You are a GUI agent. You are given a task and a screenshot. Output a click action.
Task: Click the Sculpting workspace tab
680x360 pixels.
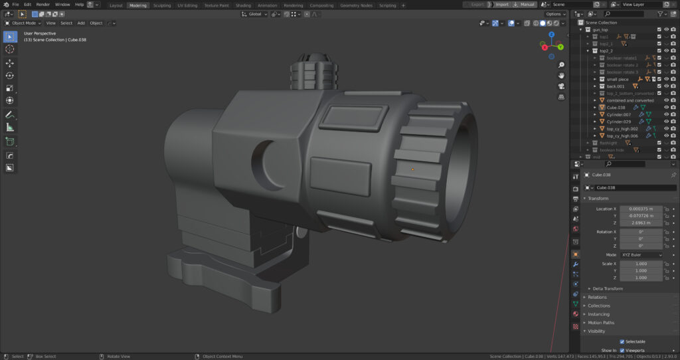(x=162, y=5)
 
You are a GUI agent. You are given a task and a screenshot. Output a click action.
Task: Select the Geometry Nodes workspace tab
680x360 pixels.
(x=357, y=5)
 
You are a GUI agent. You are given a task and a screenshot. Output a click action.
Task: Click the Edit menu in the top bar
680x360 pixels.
(x=27, y=5)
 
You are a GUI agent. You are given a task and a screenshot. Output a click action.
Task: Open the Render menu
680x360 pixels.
(x=42, y=5)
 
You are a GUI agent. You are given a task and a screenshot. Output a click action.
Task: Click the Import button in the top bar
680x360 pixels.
(x=502, y=5)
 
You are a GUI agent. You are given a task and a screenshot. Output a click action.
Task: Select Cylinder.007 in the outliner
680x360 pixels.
(x=618, y=114)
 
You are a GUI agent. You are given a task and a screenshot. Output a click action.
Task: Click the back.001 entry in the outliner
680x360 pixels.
(x=616, y=86)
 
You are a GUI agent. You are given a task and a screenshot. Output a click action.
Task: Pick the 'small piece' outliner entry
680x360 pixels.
(x=618, y=79)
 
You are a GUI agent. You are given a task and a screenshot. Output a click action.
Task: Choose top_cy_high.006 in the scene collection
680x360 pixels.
(x=622, y=135)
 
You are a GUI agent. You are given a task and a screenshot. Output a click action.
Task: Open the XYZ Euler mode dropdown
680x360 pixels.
(x=640, y=255)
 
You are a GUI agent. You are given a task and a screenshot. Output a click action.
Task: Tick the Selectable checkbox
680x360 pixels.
(x=622, y=341)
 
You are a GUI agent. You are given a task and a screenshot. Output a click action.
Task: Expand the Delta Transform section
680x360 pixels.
(x=607, y=288)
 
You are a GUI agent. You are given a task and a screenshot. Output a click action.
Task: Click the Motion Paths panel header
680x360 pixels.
(x=601, y=322)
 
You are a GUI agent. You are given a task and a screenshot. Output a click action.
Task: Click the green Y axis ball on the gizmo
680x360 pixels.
(x=560, y=47)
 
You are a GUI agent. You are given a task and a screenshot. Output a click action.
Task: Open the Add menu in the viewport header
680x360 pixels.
(x=81, y=23)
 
